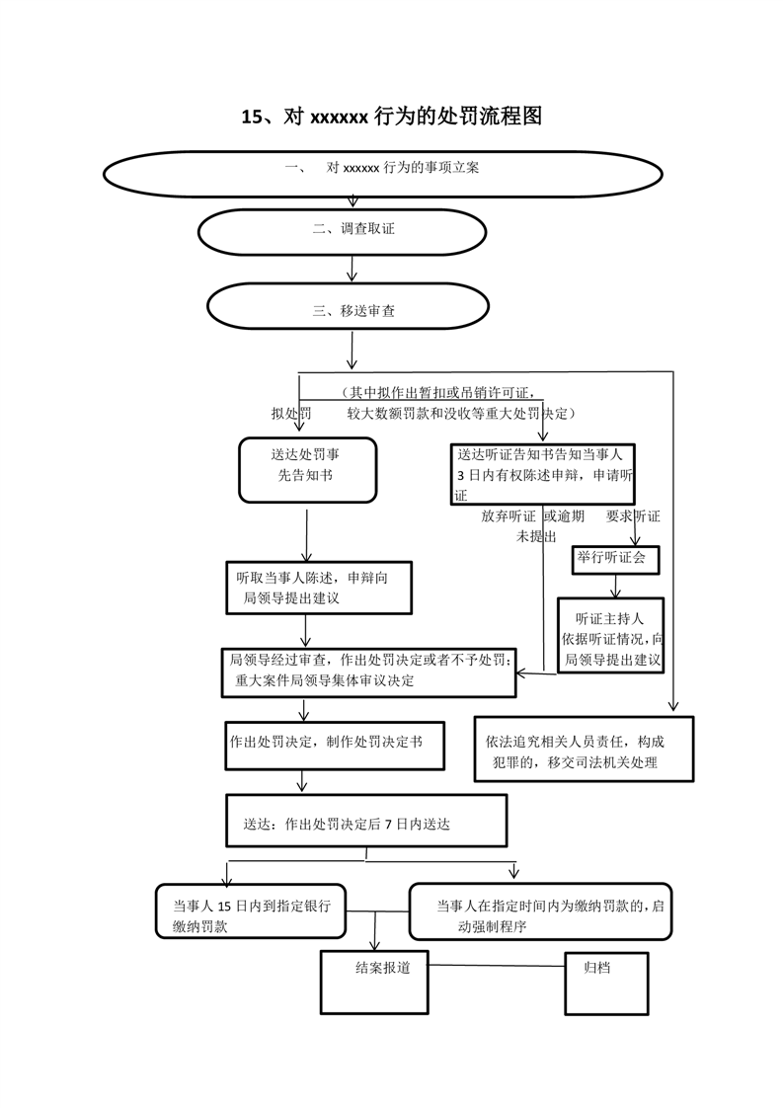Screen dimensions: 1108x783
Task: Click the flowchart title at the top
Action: pyautogui.click(x=392, y=117)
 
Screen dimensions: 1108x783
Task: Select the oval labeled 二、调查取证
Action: pyautogui.click(x=343, y=230)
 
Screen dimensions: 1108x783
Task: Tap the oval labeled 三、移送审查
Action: pyautogui.click(x=348, y=310)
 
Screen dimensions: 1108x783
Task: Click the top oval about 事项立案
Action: pyautogui.click(x=382, y=170)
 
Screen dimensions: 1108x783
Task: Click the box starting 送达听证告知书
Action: pyautogui.click(x=542, y=474)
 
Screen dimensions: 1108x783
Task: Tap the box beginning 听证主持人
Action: pyautogui.click(x=610, y=636)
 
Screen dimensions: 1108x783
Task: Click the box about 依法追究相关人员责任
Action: pyautogui.click(x=583, y=750)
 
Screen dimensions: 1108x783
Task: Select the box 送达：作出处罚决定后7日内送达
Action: pyautogui.click(x=365, y=821)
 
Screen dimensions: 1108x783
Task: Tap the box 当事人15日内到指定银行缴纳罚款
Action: pyautogui.click(x=252, y=910)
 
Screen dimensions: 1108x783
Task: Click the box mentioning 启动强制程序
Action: pyautogui.click(x=540, y=910)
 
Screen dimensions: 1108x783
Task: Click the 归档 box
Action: pyautogui.click(x=605, y=982)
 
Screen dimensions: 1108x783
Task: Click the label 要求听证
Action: pyautogui.click(x=633, y=516)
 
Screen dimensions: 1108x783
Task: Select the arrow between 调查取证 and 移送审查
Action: pyautogui.click(x=352, y=267)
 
